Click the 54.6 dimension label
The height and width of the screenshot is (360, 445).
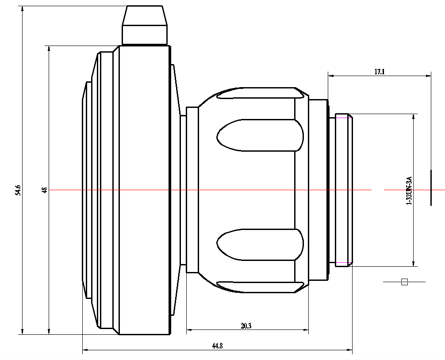click(x=18, y=190)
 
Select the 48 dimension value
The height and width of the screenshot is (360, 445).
click(x=44, y=190)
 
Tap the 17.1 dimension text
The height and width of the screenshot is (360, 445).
click(x=379, y=71)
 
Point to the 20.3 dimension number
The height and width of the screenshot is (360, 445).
click(x=246, y=326)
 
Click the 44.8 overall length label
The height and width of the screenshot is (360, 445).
click(x=217, y=346)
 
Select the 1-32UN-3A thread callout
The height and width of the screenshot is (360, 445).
click(x=409, y=190)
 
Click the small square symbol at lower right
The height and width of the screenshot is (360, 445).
click(x=404, y=282)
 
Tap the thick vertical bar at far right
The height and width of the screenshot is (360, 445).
click(x=431, y=188)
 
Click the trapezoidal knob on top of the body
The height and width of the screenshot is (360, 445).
click(x=145, y=26)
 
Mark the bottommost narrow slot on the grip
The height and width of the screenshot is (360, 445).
click(x=261, y=287)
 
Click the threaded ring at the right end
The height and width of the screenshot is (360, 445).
click(x=343, y=190)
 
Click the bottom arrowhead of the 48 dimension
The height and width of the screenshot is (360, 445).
click(x=49, y=331)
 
